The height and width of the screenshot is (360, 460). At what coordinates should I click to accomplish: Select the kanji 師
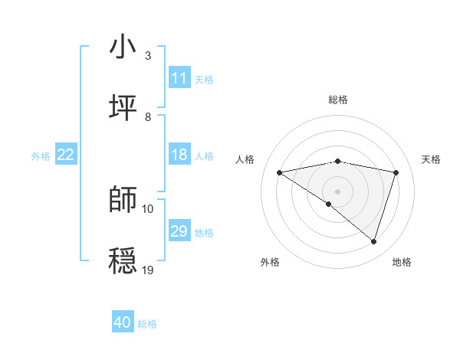tap(123, 199)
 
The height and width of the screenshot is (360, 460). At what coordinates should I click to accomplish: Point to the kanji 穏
tap(123, 260)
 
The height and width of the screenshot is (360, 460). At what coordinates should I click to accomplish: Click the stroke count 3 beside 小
tap(148, 55)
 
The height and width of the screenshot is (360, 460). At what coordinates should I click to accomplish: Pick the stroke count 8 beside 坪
tap(148, 116)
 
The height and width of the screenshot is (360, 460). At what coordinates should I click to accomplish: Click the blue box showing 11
tap(179, 78)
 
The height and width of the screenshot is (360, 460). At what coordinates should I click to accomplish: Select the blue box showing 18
tap(179, 155)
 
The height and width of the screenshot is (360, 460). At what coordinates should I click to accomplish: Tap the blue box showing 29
tap(179, 231)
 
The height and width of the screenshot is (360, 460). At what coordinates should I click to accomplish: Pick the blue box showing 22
tap(66, 155)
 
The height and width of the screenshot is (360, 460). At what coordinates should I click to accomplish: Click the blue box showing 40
tap(123, 322)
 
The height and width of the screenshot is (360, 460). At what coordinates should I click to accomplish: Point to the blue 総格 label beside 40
tap(147, 324)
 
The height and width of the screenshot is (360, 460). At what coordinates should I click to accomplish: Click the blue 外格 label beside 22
tap(41, 155)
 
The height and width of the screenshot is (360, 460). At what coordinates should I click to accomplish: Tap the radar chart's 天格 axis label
tap(431, 159)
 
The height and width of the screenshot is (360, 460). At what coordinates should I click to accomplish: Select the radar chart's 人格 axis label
tap(245, 159)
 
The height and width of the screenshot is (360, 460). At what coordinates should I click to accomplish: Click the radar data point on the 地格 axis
tap(374, 241)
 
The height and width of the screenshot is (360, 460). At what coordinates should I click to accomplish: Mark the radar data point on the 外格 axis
tap(329, 204)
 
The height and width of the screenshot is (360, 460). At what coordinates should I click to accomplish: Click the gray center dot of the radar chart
tap(338, 191)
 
